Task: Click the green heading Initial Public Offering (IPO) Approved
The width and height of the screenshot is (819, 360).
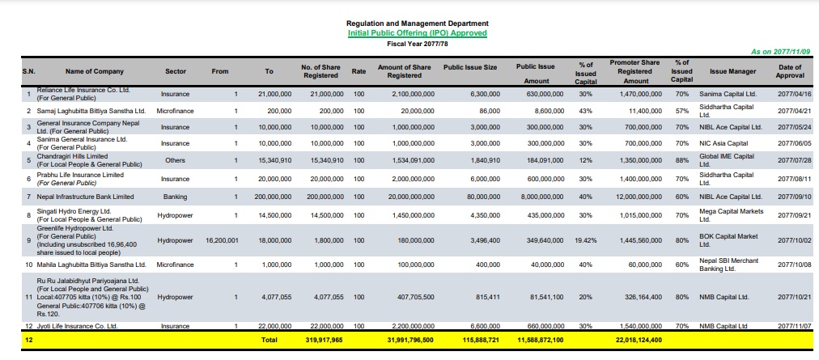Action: [x=418, y=33]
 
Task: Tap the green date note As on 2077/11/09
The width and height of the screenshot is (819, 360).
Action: [x=780, y=52]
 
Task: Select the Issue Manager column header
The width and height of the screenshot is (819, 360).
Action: [x=732, y=71]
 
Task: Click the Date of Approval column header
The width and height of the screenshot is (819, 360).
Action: [x=790, y=71]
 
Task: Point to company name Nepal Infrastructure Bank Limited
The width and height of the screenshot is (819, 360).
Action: [x=85, y=197]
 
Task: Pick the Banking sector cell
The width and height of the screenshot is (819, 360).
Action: [x=176, y=197]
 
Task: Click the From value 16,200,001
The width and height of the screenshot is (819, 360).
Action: [x=222, y=241]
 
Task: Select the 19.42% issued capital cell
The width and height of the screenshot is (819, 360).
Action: [x=586, y=241]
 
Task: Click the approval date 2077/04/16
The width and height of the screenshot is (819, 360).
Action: [x=795, y=95]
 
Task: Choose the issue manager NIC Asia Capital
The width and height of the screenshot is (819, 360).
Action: [x=724, y=143]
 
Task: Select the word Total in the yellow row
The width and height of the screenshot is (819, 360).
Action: [x=269, y=340]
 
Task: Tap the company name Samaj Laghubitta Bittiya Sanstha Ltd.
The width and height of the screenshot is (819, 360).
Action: [x=91, y=112]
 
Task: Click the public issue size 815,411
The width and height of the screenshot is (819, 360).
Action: [x=488, y=297]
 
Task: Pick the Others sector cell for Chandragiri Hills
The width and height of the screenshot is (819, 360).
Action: [x=176, y=160]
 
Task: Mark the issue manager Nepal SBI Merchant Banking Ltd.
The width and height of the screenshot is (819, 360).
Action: [x=728, y=265]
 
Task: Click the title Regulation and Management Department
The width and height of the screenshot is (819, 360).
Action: [x=418, y=23]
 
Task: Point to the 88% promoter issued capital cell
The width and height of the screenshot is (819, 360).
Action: [x=681, y=160]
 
